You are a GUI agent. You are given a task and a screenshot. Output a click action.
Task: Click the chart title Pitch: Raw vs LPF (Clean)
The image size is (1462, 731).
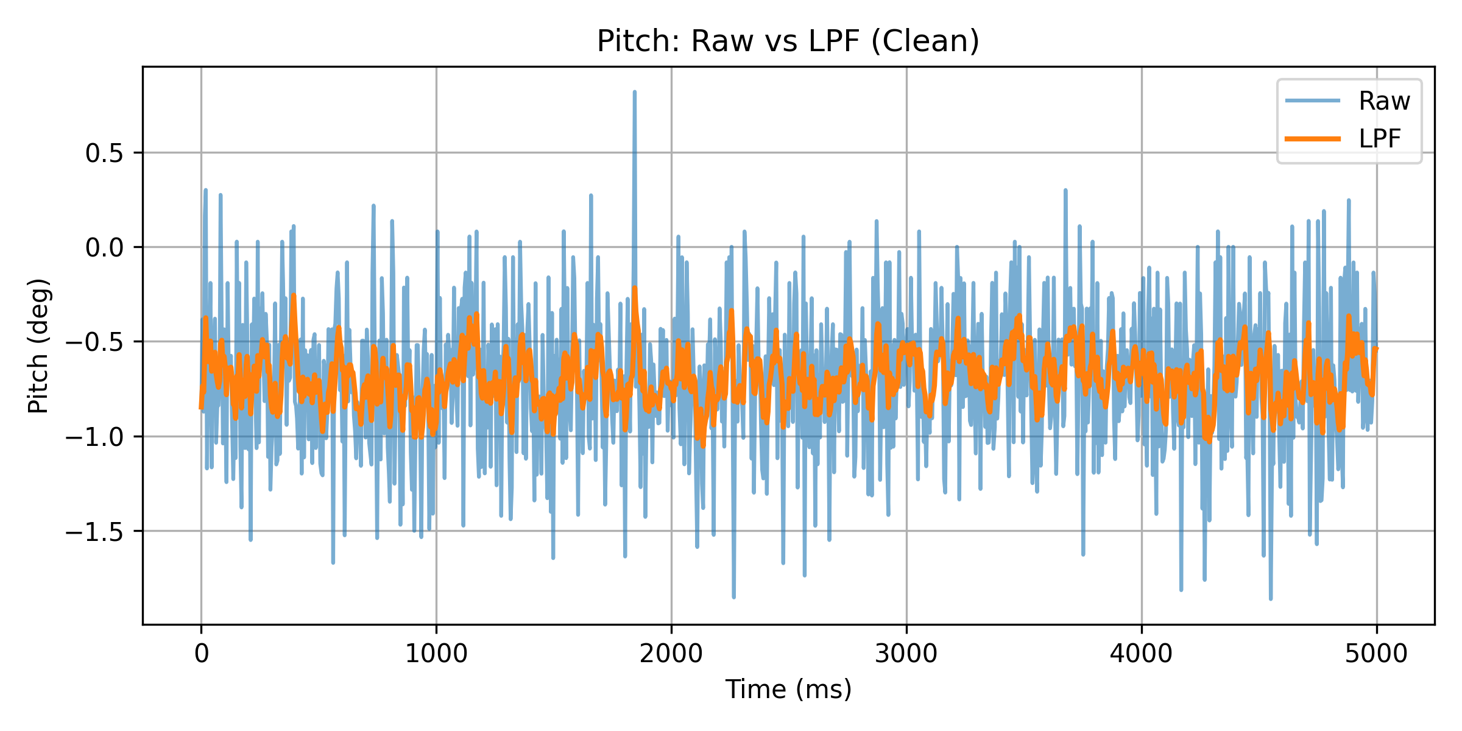788,41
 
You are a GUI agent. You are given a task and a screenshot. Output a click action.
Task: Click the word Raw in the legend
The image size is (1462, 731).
1384,101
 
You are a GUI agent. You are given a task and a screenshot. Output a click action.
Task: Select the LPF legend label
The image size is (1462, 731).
1380,139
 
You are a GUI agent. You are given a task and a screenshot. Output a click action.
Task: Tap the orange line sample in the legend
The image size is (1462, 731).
1312,139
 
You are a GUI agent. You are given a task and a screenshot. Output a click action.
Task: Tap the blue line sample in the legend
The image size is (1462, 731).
1312,101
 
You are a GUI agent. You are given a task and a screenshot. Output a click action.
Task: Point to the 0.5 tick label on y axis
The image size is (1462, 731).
104,154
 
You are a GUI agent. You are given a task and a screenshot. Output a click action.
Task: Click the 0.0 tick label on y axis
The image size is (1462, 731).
104,248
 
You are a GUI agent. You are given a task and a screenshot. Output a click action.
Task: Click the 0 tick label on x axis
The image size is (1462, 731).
201,654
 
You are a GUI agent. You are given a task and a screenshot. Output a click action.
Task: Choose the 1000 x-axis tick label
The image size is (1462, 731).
436,654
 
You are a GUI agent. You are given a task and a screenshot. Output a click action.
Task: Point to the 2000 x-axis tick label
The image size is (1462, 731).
671,654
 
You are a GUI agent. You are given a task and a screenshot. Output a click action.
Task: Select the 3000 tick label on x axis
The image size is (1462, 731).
906,654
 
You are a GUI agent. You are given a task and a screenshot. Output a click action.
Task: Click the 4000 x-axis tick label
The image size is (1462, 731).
1141,654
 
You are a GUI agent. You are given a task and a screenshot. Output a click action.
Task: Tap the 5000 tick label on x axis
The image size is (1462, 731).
1376,654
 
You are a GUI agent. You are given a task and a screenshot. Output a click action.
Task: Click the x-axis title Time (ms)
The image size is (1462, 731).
788,690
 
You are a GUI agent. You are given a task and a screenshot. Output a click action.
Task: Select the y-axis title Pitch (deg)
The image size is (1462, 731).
38,345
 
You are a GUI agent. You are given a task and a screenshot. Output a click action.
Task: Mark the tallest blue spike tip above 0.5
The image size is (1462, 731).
635,93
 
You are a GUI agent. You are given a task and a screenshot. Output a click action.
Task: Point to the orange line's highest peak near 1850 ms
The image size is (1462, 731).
635,288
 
